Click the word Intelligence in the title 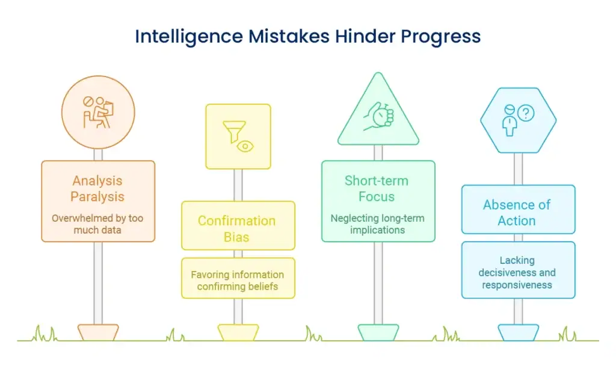pyautogui.click(x=189, y=37)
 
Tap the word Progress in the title pyautogui.click(x=440, y=37)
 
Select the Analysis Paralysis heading pyautogui.click(x=97, y=189)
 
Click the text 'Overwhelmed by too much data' pyautogui.click(x=97, y=223)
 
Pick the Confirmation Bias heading pyautogui.click(x=237, y=229)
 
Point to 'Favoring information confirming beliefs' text pyautogui.click(x=237, y=280)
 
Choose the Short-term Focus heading pyautogui.click(x=377, y=189)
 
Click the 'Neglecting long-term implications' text pyautogui.click(x=377, y=223)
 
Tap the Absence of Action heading pyautogui.click(x=517, y=213)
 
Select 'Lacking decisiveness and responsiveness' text pyautogui.click(x=517, y=272)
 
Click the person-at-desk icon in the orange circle pyautogui.click(x=98, y=113)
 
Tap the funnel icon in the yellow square pyautogui.click(x=234, y=131)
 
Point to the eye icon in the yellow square pyautogui.click(x=245, y=146)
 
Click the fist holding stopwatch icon pyautogui.click(x=378, y=116)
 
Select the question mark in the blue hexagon pyautogui.click(x=526, y=113)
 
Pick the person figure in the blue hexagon pyautogui.click(x=510, y=120)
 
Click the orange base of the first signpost pyautogui.click(x=98, y=332)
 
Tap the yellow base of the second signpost pyautogui.click(x=238, y=332)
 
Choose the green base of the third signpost pyautogui.click(x=378, y=332)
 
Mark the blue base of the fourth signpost pyautogui.click(x=518, y=332)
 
